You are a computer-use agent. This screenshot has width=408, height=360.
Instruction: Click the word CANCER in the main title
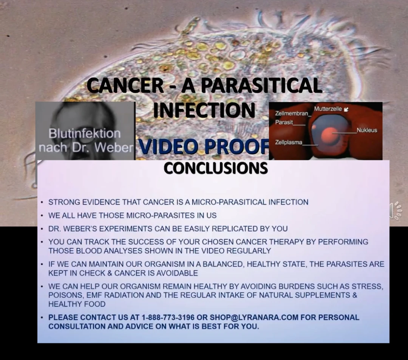point(125,85)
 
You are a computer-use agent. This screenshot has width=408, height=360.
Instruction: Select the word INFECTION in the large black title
point(204,110)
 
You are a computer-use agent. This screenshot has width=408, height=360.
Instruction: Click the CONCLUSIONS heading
point(216,168)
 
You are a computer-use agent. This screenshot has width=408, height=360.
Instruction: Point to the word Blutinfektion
point(85,133)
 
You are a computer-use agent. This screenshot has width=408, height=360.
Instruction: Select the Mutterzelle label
point(328,109)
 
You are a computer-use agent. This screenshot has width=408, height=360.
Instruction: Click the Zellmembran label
point(292,113)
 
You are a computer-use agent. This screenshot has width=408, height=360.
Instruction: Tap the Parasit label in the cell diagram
point(284,122)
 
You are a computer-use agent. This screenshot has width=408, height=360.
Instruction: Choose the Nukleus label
point(367,130)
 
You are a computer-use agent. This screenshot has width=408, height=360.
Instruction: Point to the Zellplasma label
point(289,142)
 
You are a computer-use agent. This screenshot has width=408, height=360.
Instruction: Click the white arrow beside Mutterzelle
point(346,109)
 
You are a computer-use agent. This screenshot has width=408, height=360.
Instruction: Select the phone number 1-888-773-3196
point(168,318)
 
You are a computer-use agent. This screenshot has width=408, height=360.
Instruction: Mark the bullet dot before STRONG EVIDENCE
point(42,202)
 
